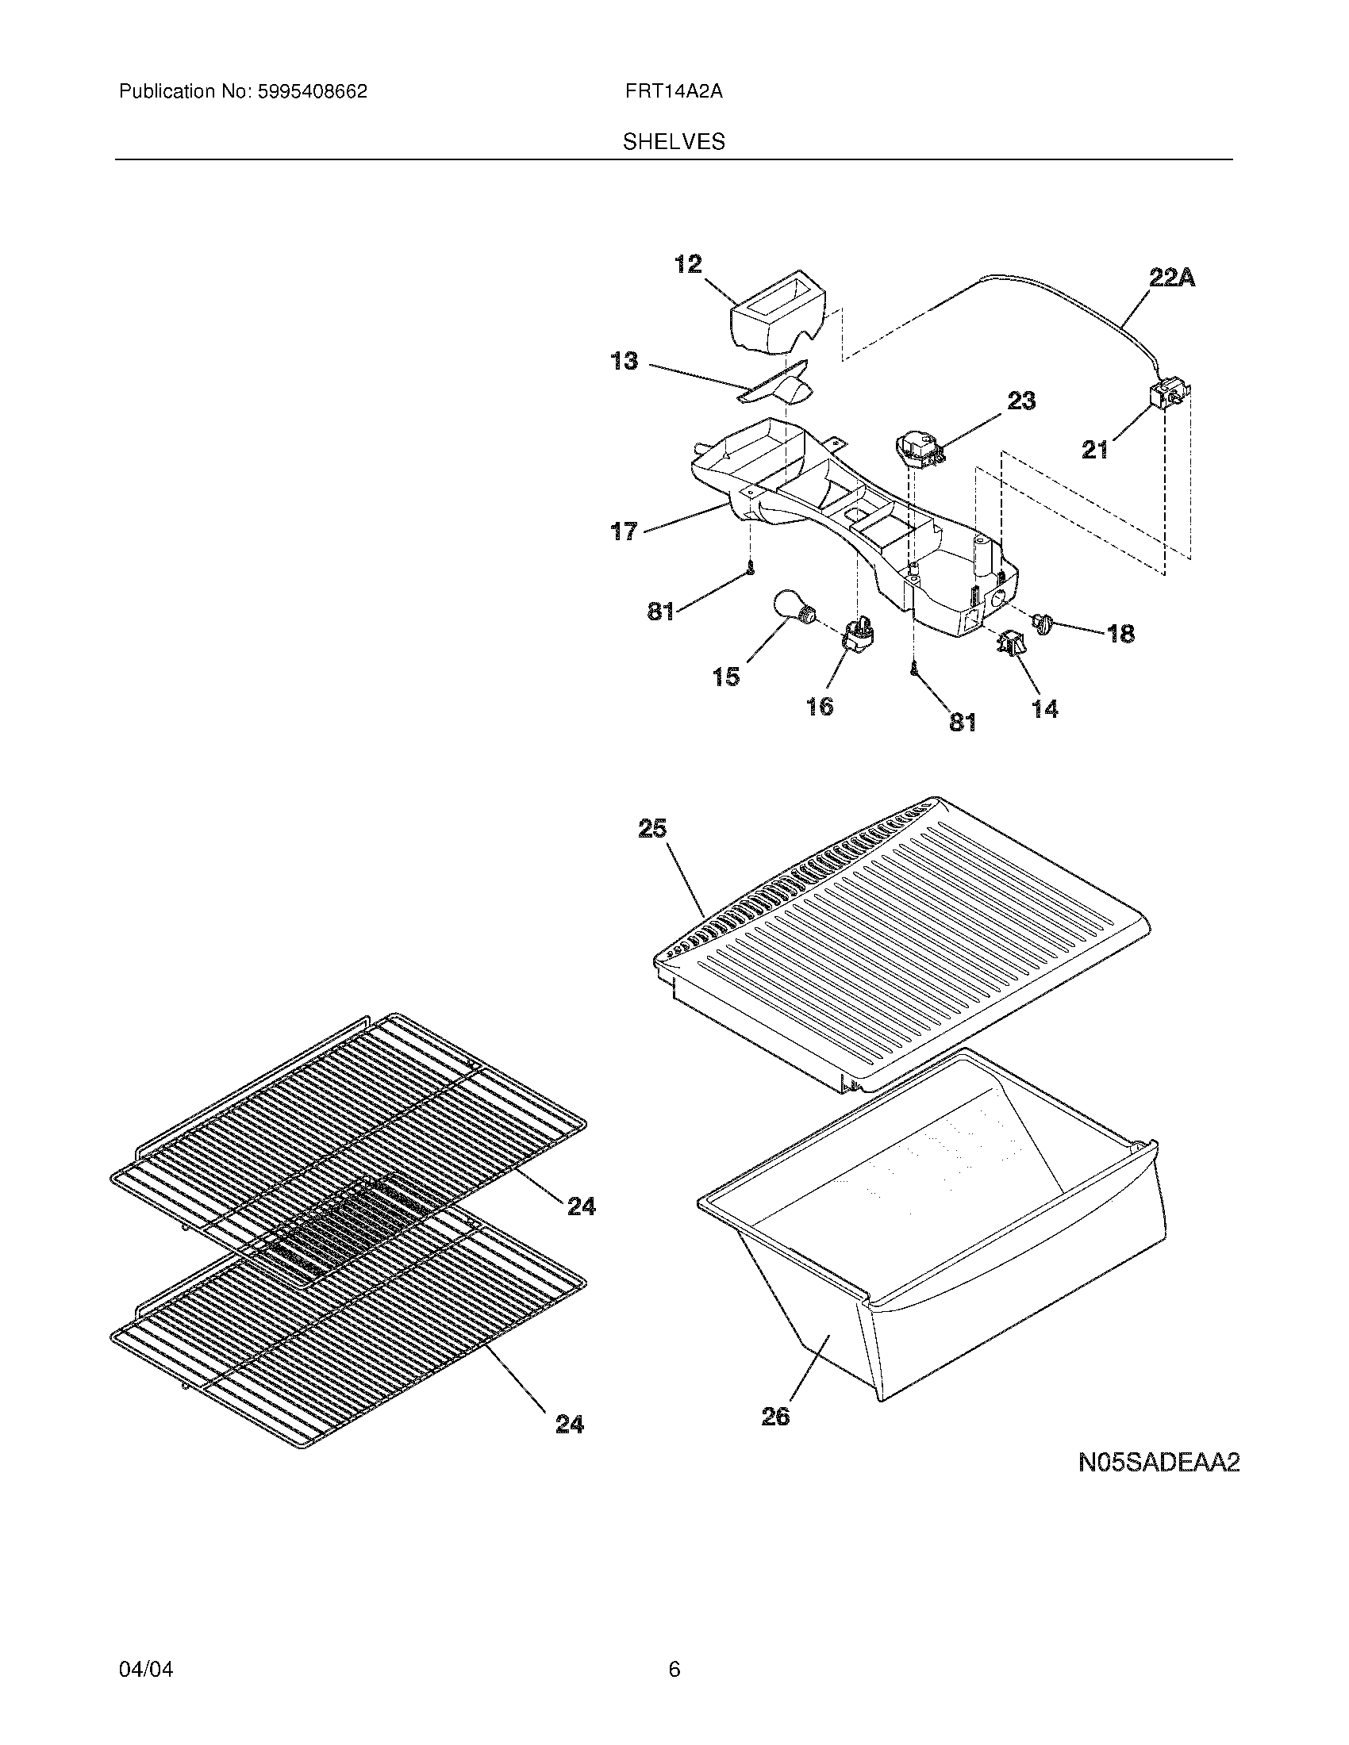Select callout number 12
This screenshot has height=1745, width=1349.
coord(688,263)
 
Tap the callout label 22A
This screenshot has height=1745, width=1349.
coord(1171,278)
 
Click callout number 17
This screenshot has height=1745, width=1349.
coord(625,530)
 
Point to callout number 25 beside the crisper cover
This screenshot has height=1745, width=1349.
coord(652,829)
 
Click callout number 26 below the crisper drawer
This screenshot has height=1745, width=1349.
coord(775,1416)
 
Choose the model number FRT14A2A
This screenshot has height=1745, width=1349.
coord(674,92)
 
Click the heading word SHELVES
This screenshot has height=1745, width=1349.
coord(674,142)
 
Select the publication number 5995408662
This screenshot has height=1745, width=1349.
coord(312,92)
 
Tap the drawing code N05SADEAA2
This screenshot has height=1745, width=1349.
coord(1158,1463)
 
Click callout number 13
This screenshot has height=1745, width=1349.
coord(625,361)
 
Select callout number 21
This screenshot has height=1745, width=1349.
coord(1095,450)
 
